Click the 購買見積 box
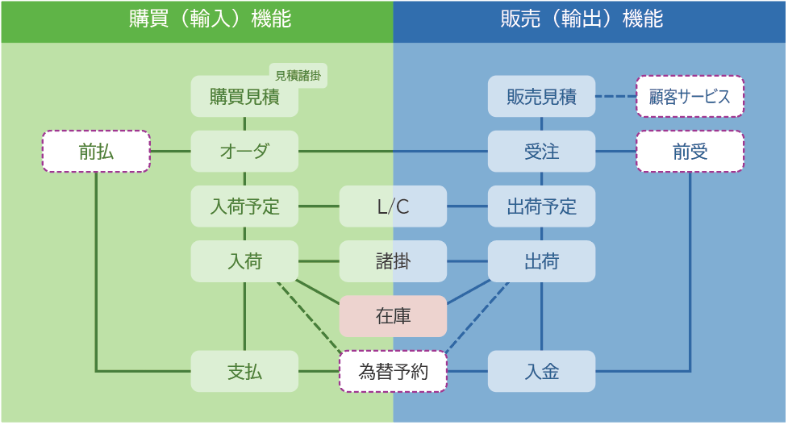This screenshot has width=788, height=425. click(x=244, y=97)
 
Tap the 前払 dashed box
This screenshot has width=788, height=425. click(x=96, y=152)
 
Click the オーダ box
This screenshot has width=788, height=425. click(x=244, y=152)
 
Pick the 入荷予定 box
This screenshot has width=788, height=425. click(x=244, y=206)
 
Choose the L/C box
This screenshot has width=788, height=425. click(x=393, y=206)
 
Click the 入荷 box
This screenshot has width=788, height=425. click(x=244, y=261)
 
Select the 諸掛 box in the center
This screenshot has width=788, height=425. click(x=393, y=261)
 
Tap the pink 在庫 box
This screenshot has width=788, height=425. click(x=393, y=316)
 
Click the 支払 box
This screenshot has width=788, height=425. click(x=244, y=372)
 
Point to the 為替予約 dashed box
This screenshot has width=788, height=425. click(x=393, y=372)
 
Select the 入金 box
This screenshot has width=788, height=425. click(x=541, y=372)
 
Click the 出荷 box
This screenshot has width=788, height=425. click(x=541, y=261)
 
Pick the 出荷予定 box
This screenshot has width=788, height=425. click(x=541, y=206)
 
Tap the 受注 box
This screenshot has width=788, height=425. click(x=541, y=152)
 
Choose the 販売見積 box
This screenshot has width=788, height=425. click(x=541, y=97)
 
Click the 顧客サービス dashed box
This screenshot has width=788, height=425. click(x=690, y=97)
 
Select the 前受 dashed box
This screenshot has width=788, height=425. click(x=690, y=152)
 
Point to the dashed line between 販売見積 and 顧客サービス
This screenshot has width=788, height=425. click(x=615, y=97)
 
